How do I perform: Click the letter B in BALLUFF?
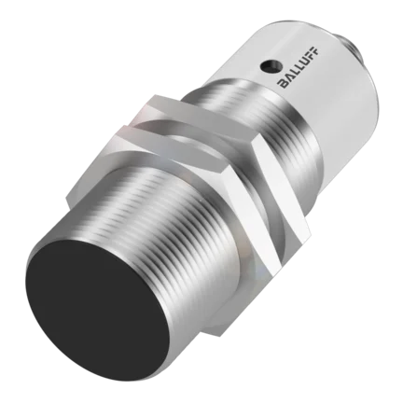click(284, 83)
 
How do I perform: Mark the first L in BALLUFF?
click(295, 72)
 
